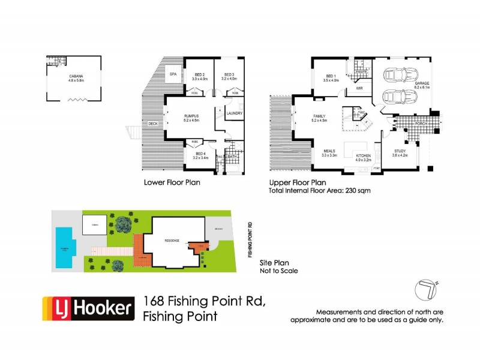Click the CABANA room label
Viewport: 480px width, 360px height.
(x=76, y=76)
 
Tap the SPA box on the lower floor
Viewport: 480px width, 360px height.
(x=173, y=74)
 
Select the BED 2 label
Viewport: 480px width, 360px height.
(x=199, y=76)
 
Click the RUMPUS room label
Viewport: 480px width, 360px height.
(x=191, y=116)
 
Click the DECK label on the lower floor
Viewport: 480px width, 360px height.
(x=153, y=124)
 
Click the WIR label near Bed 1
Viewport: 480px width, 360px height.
(x=360, y=88)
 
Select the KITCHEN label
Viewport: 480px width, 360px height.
(x=365, y=156)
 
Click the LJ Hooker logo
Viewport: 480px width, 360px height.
(x=87, y=309)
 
